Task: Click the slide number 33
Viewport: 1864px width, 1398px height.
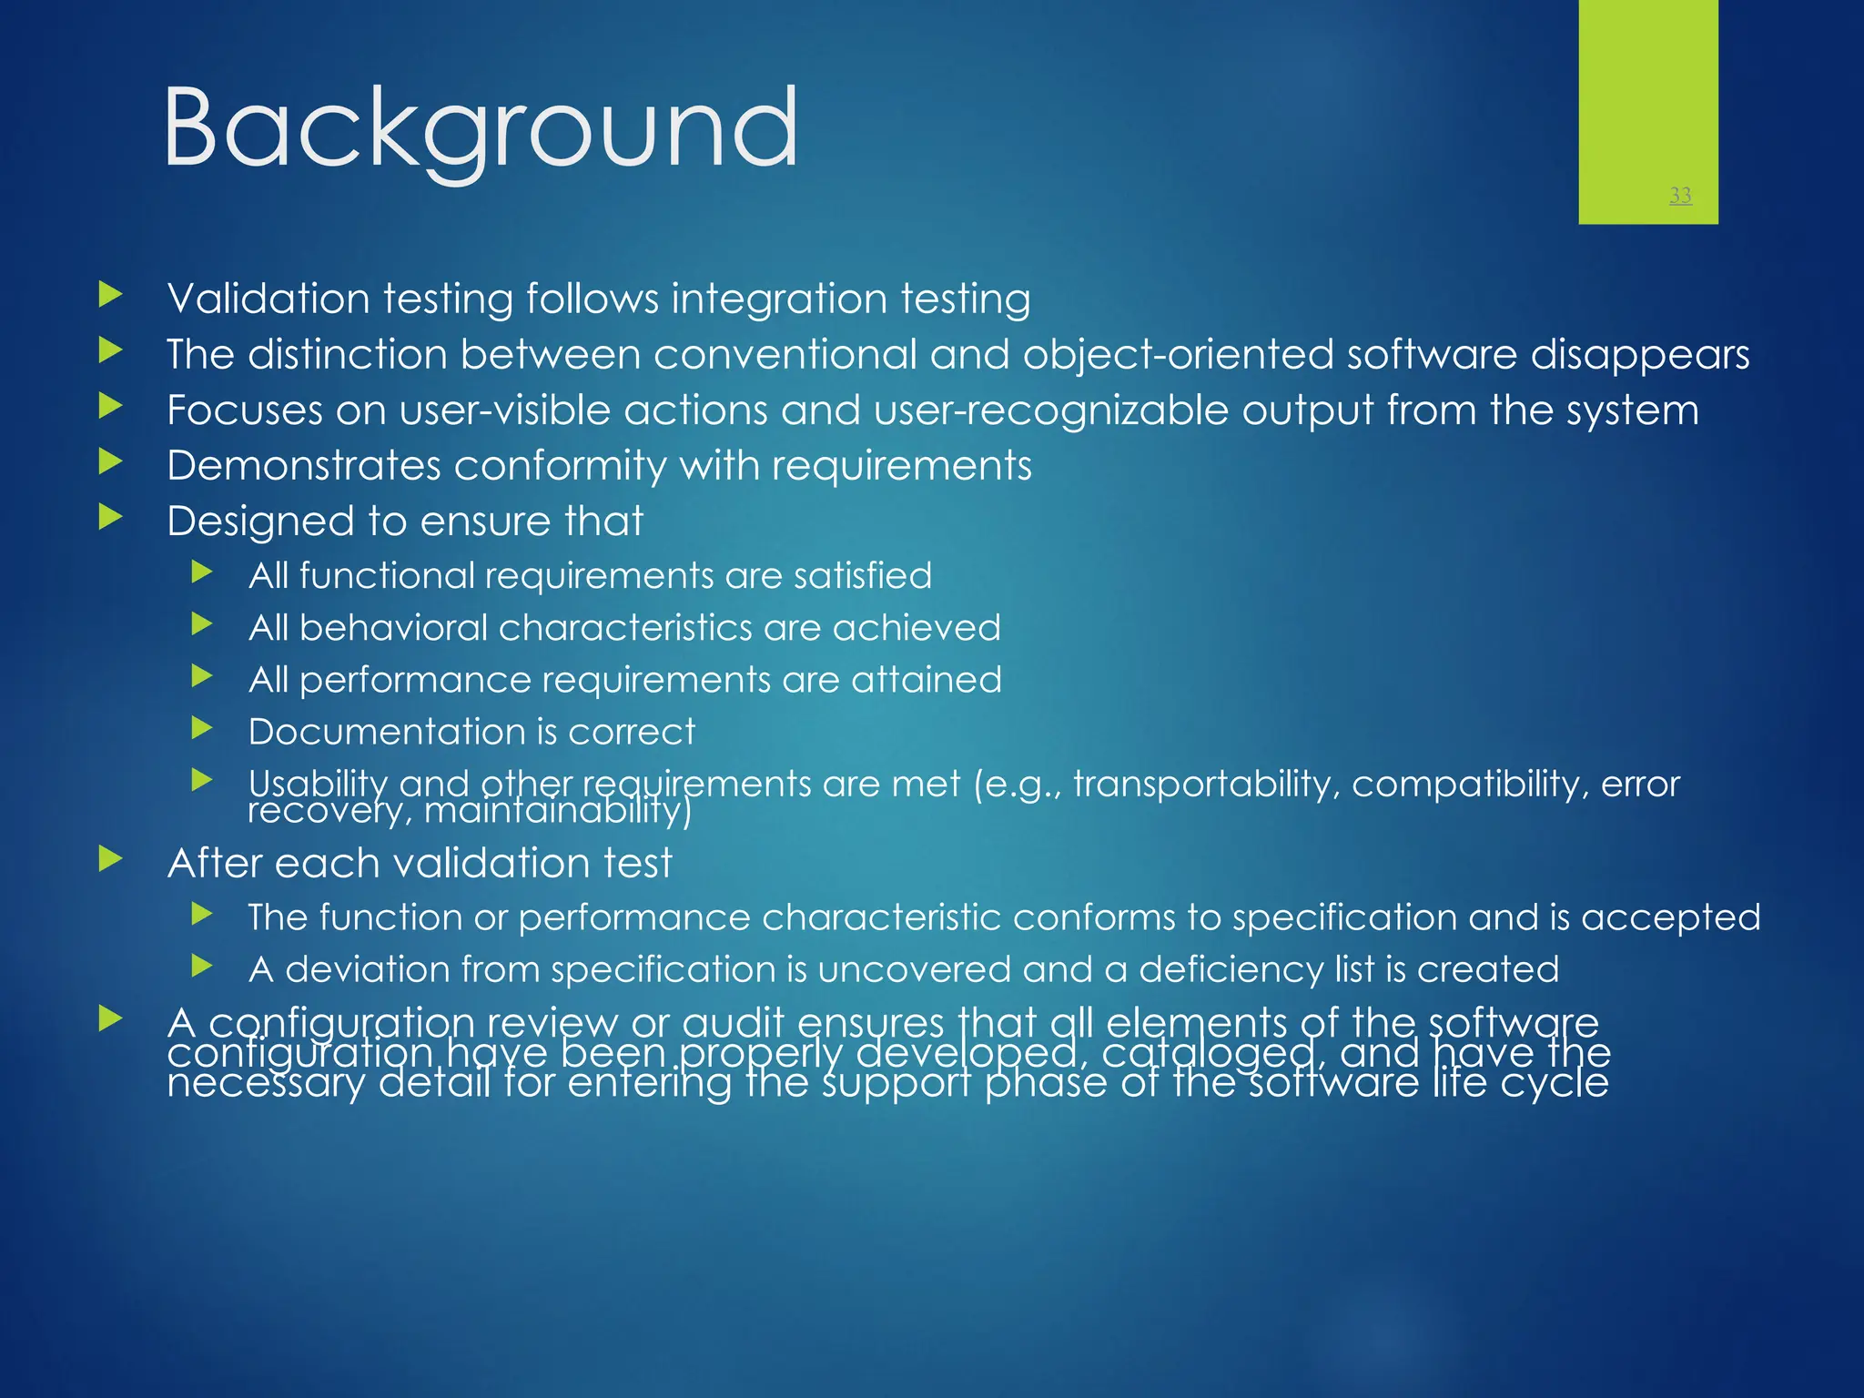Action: click(1680, 195)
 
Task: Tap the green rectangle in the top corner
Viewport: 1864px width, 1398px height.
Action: click(1647, 100)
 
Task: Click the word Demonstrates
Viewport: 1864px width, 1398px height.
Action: click(304, 466)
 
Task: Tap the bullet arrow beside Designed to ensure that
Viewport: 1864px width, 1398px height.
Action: click(110, 518)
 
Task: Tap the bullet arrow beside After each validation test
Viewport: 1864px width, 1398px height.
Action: click(110, 858)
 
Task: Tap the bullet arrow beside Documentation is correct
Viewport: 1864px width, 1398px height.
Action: click(202, 728)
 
